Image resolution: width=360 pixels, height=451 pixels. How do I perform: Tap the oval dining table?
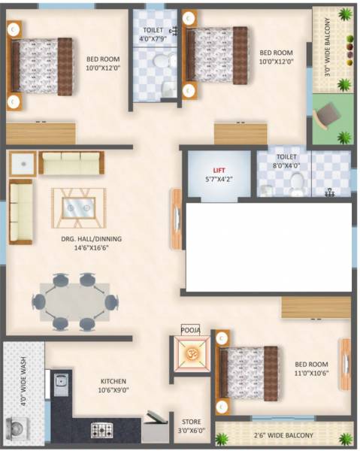point(71,302)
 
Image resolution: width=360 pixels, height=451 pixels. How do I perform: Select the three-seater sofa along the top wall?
point(71,162)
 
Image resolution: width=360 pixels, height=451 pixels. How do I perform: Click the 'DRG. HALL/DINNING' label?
point(92,244)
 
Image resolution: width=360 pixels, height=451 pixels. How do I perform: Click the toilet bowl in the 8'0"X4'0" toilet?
point(298,182)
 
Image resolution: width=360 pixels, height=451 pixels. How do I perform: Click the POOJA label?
point(190,328)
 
